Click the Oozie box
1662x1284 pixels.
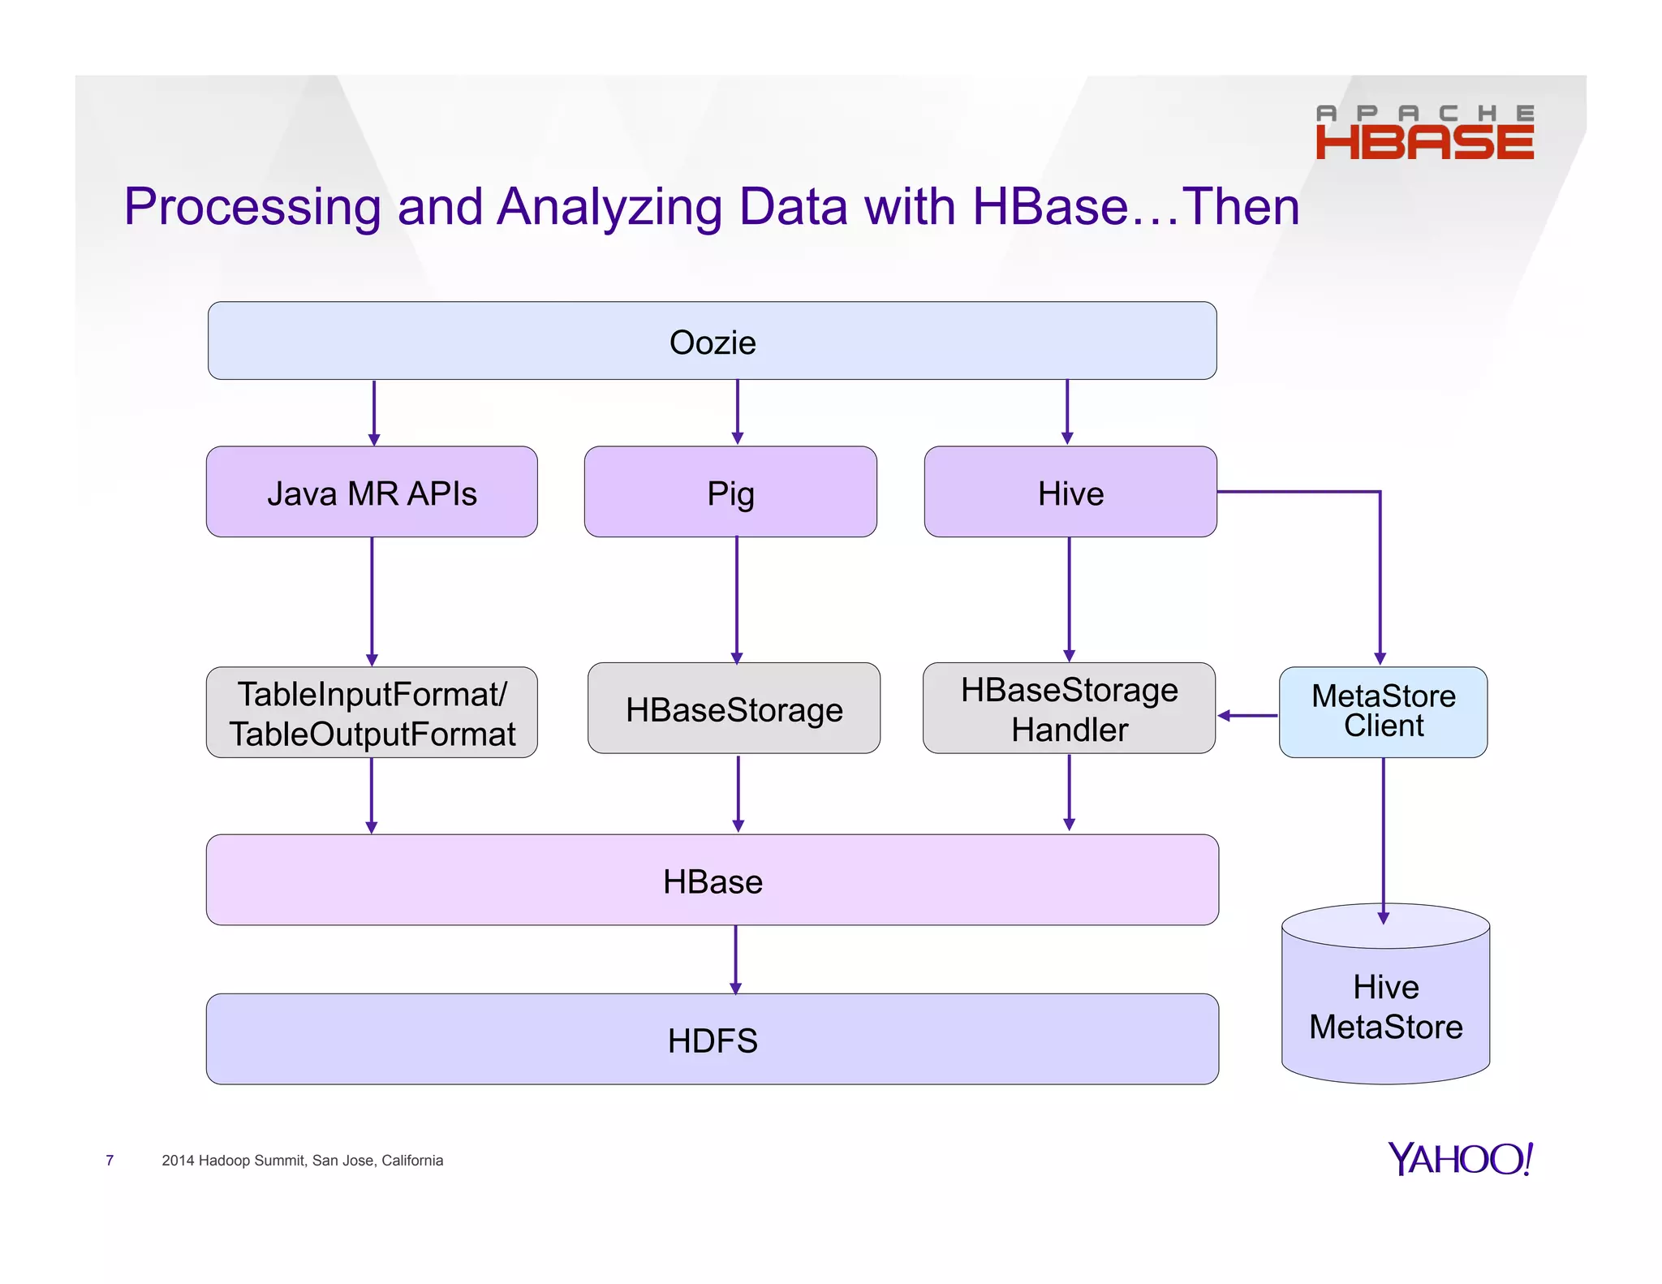tap(712, 341)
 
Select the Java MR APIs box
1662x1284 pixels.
tap(372, 493)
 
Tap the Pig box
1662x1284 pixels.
tap(730, 493)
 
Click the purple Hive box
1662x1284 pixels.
tap(1070, 493)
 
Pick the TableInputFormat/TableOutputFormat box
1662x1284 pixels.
tap(372, 713)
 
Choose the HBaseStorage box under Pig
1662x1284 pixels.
tap(734, 709)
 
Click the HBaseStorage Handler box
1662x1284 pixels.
tap(1069, 709)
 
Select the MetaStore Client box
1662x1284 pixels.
tap(1383, 712)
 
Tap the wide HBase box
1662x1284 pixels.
tap(712, 881)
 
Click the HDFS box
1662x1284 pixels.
tap(712, 1040)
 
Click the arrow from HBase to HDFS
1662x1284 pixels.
tap(735, 959)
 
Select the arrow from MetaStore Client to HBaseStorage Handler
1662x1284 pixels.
tap(1248, 715)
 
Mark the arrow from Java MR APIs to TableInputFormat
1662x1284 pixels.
tap(372, 601)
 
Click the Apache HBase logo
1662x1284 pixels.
tap(1424, 131)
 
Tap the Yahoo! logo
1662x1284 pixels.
tap(1459, 1158)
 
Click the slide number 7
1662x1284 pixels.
tap(110, 1161)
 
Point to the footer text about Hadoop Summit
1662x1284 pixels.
tap(302, 1161)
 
